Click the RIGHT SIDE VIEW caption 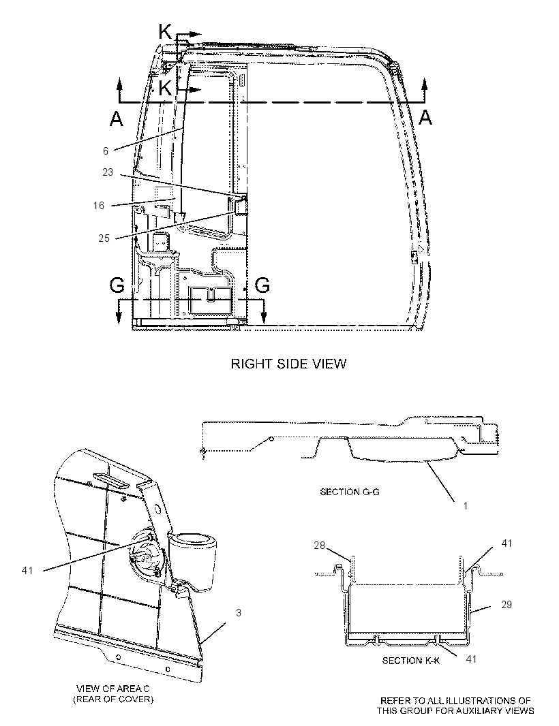point(288,364)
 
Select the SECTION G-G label point(350,492)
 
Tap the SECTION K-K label point(410,661)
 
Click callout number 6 point(106,151)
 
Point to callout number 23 point(108,172)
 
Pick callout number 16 point(99,205)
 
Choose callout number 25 point(104,238)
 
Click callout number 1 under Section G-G point(466,505)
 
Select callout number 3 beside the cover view point(239,612)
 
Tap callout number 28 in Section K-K point(319,546)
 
